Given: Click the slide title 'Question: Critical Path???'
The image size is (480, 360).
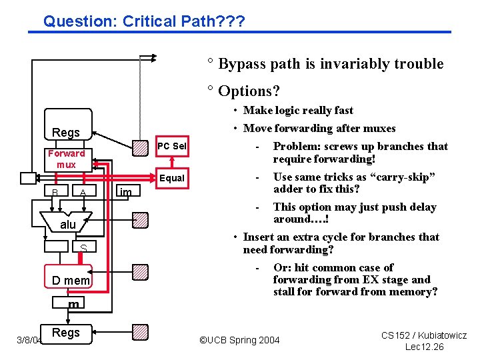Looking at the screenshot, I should (x=143, y=21).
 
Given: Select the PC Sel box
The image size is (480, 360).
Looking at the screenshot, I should (x=171, y=146).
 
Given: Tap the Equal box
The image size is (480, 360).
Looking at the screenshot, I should (x=171, y=178).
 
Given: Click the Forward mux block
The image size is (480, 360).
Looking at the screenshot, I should (x=66, y=159).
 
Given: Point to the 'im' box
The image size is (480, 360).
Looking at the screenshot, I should (x=125, y=193).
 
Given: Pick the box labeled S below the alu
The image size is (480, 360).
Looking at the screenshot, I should (x=83, y=248).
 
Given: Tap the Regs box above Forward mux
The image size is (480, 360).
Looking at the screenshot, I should (x=66, y=132).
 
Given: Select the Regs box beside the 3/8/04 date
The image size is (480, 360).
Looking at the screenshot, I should (x=66, y=332).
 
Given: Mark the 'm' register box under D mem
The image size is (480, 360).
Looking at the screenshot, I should (x=73, y=304).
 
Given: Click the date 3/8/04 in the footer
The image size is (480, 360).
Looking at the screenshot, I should (x=29, y=340).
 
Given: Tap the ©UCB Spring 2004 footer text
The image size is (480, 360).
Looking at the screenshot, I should (x=239, y=340).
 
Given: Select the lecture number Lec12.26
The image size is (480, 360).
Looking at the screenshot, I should (x=424, y=347).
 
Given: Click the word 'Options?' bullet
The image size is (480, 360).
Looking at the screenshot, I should (x=249, y=90).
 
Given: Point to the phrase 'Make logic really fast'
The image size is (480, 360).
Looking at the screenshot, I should (x=298, y=110).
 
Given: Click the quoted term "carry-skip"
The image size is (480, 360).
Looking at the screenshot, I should (x=409, y=177).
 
